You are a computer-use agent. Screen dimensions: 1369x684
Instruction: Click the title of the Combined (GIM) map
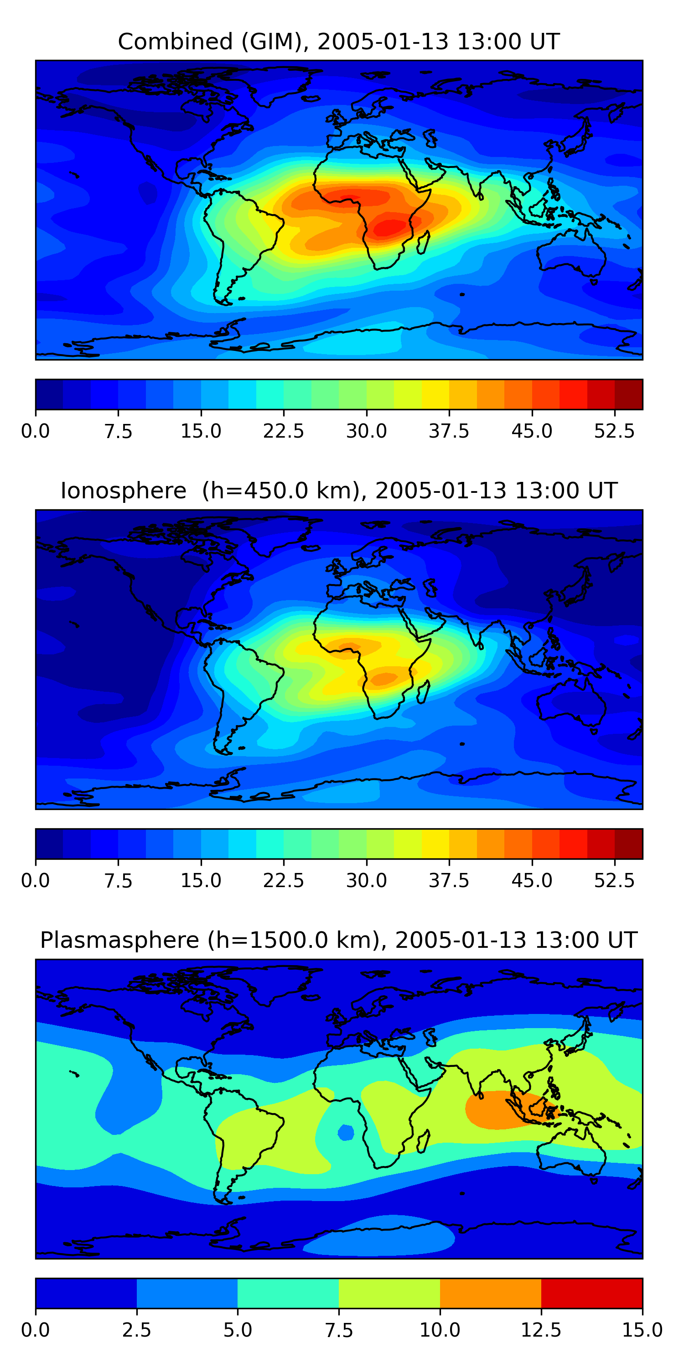(339, 42)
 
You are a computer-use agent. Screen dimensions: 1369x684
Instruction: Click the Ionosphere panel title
(339, 491)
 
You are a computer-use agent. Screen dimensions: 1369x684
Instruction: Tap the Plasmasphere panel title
(339, 940)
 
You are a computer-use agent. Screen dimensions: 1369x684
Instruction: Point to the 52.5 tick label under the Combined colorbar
(614, 431)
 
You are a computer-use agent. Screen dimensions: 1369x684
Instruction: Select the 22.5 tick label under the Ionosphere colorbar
(284, 880)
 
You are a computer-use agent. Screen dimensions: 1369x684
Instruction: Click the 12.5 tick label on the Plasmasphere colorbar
(541, 1330)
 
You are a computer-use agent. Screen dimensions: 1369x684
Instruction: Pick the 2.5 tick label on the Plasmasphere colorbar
(136, 1330)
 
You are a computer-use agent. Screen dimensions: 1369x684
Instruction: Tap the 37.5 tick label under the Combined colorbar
(449, 431)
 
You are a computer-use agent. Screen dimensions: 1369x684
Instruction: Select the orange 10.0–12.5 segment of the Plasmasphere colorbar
(490, 1293)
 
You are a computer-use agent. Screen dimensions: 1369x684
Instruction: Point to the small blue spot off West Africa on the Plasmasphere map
(346, 1133)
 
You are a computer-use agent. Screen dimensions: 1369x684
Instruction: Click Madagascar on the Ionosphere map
(423, 692)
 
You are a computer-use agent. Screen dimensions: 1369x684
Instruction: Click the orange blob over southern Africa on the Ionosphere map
(384, 678)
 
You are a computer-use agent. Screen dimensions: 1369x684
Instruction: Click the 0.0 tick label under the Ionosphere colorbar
(36, 880)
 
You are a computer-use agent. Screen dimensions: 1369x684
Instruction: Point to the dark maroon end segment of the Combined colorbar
(629, 394)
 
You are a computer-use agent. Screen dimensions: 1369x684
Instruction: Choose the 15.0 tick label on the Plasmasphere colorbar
(642, 1330)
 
